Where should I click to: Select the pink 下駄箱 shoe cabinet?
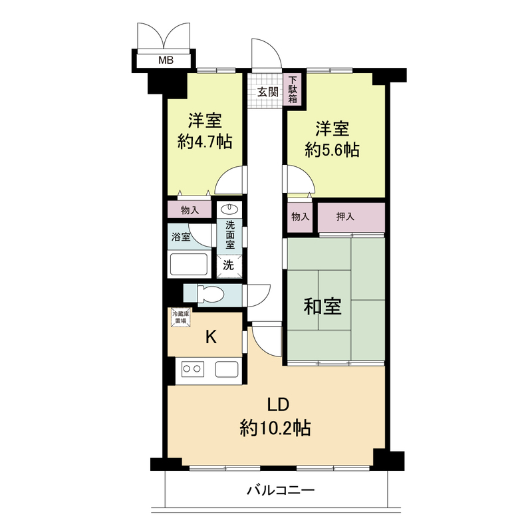pyautogui.click(x=293, y=90)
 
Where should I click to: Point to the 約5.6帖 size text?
pyautogui.click(x=332, y=150)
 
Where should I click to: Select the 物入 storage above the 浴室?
pyautogui.click(x=190, y=211)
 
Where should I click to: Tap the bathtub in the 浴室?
pyautogui.click(x=190, y=264)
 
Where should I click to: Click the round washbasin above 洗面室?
pyautogui.click(x=229, y=207)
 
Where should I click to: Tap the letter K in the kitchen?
pyautogui.click(x=210, y=337)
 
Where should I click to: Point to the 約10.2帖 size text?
pyautogui.click(x=275, y=428)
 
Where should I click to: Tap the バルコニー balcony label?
pyautogui.click(x=279, y=491)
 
